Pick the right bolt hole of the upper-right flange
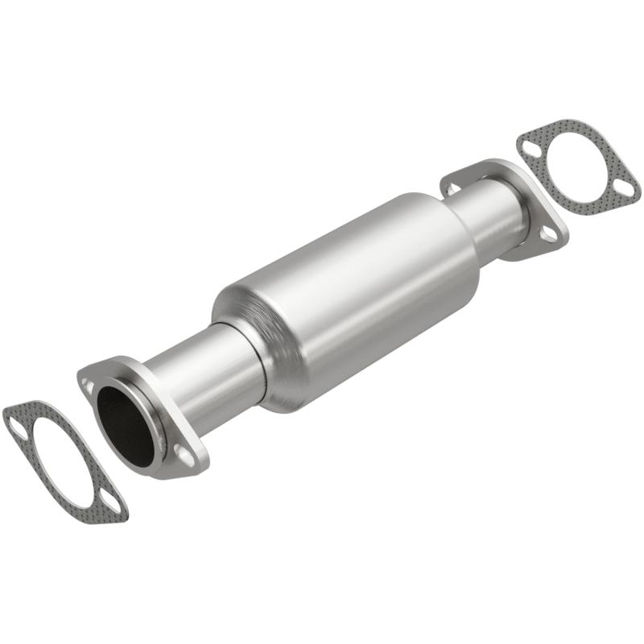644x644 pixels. [548, 234]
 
